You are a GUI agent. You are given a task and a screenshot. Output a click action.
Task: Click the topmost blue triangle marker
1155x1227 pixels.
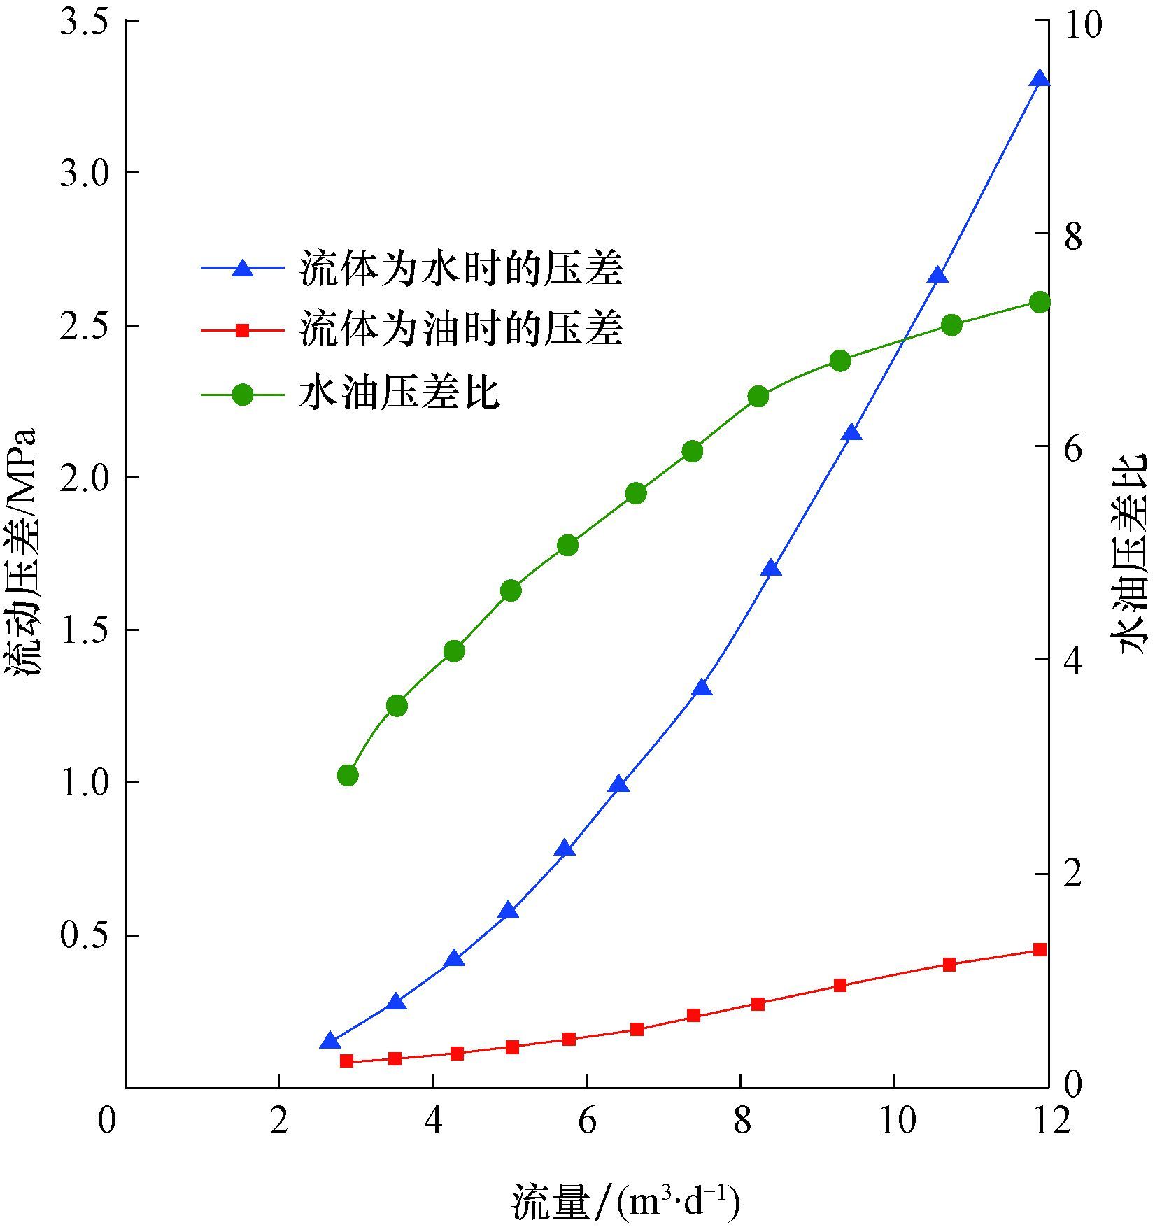coord(1040,79)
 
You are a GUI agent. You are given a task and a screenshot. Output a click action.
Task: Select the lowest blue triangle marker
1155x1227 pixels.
coord(330,1042)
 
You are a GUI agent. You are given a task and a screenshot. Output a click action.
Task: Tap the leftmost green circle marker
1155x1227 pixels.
coord(348,775)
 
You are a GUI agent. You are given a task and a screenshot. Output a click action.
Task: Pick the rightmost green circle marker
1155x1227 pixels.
coord(1040,302)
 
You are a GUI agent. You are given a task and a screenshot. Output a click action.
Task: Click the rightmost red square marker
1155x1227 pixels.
coord(1040,949)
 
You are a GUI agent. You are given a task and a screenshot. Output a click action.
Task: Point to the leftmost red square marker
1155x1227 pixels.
coord(346,1061)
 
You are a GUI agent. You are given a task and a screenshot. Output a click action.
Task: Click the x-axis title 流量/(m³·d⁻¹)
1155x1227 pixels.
coord(625,1202)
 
